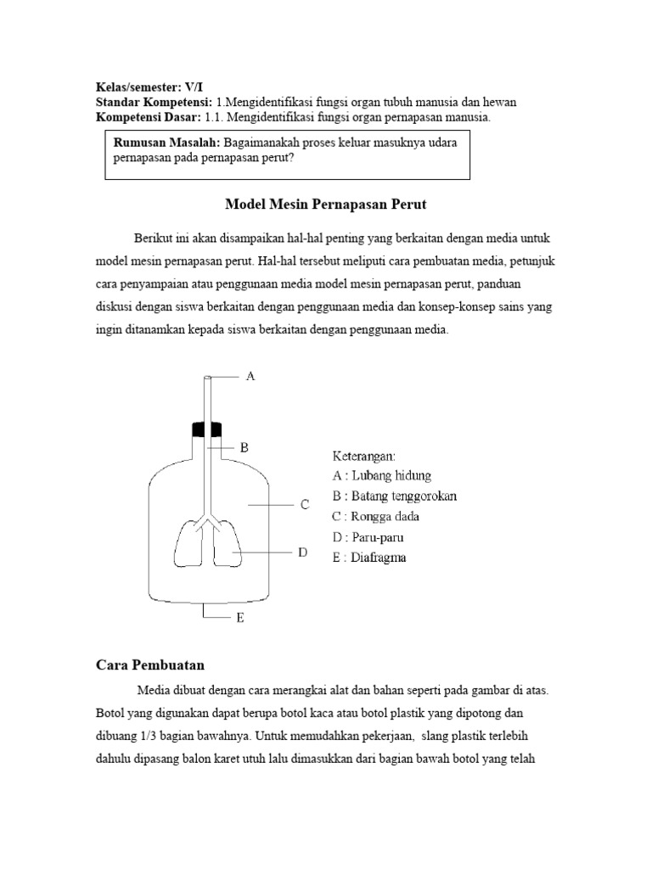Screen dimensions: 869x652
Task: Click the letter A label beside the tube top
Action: [250, 375]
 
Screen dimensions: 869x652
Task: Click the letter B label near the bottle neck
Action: [243, 447]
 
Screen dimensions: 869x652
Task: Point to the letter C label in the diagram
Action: [304, 505]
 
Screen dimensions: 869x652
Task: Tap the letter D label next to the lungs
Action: [301, 552]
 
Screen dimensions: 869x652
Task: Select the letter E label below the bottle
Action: [240, 619]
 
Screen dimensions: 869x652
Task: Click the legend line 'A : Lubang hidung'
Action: [382, 475]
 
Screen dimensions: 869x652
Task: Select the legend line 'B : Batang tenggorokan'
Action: [396, 496]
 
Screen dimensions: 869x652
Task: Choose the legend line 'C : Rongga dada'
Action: [376, 516]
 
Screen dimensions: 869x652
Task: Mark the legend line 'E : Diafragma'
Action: [369, 558]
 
